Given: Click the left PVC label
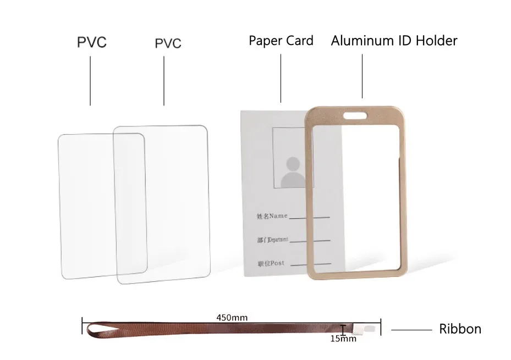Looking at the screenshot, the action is (91, 42).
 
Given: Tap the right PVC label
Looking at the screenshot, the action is (168, 43).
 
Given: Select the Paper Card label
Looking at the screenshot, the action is (281, 41).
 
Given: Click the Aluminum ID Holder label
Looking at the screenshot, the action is (394, 41).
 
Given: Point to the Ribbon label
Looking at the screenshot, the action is (460, 329).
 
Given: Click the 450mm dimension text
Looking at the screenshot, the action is (232, 318).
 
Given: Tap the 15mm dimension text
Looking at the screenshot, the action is (343, 339).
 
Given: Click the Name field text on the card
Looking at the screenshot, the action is (272, 216).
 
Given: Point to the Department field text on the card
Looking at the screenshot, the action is (272, 240).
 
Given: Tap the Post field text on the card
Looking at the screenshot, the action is (270, 263).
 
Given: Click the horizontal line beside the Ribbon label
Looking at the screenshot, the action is (411, 330).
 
